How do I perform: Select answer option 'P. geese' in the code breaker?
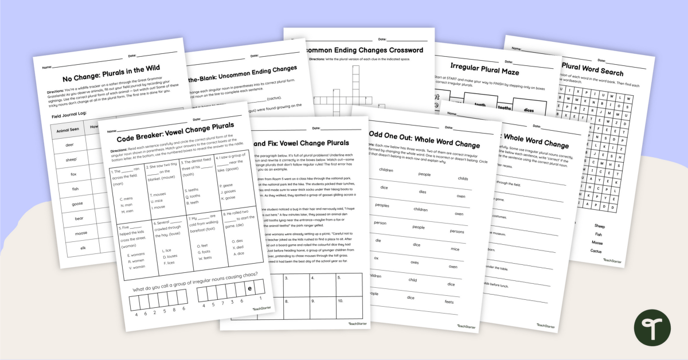[228, 185]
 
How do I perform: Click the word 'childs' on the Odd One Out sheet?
[462, 178]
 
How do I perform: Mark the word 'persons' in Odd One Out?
[456, 232]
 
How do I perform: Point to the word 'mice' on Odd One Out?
[455, 249]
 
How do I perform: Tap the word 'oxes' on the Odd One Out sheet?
[414, 263]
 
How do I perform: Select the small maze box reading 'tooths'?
[505, 107]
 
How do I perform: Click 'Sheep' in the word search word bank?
[599, 226]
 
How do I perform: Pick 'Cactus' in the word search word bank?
[597, 251]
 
